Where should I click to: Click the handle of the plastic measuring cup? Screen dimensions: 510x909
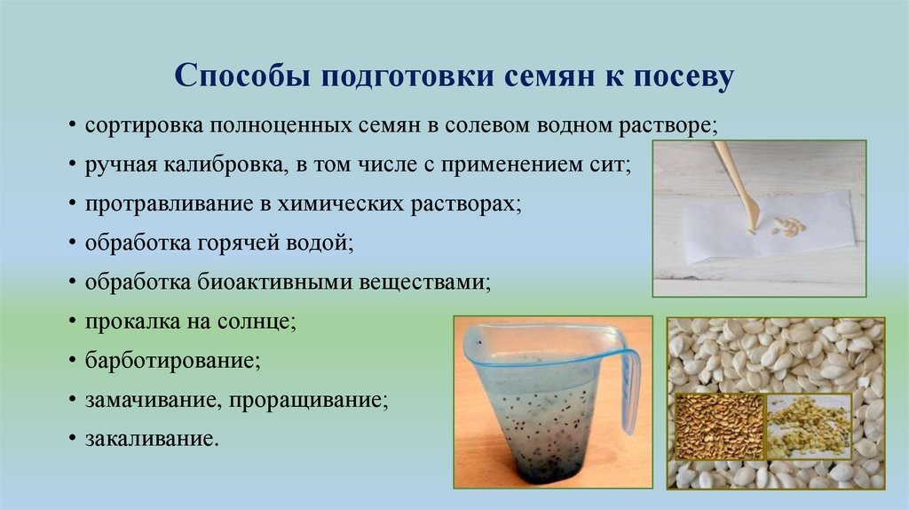pyautogui.click(x=627, y=391)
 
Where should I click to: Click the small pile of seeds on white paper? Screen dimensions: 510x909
pyautogui.click(x=785, y=227)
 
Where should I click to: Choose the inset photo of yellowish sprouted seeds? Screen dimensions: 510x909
pyautogui.click(x=809, y=426)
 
